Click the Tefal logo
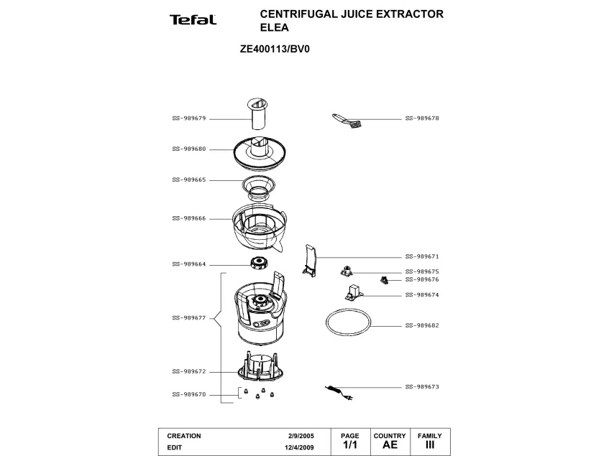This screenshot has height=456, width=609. pos(193,20)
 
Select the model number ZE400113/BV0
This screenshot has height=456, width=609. pos(274,50)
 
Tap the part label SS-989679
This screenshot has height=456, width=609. pos(189,118)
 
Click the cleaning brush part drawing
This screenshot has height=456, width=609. pos(346,120)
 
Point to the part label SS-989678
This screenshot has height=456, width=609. pos(422,118)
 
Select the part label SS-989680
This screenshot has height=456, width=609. pos(189,149)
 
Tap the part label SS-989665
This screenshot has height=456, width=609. pos(189,180)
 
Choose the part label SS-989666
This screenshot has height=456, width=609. pos(189,218)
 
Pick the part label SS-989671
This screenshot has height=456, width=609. pos(422,256)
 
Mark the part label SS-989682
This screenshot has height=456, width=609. pos(422,325)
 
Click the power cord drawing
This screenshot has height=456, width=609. pos(340,391)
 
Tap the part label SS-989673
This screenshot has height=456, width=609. pos(422,386)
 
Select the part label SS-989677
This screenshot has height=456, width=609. pos(189,317)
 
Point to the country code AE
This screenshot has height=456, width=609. pos(390,445)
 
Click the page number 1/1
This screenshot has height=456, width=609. pos(349,445)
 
